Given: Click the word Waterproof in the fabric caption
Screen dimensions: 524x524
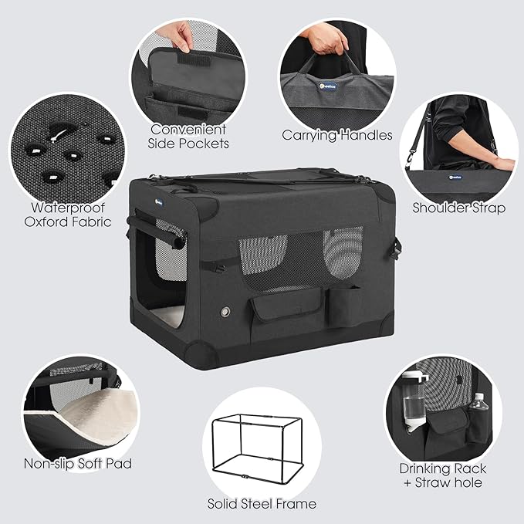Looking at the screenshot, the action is tap(68, 208).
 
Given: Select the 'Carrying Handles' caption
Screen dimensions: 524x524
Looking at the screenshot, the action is tap(336, 136).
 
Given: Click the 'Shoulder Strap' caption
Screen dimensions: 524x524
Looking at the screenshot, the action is tap(458, 208).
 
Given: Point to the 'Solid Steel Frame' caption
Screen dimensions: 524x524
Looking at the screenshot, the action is tap(262, 504).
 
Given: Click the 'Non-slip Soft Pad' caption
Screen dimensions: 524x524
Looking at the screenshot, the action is tap(78, 464).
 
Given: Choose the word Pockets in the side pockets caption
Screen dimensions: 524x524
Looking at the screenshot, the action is tap(204, 144).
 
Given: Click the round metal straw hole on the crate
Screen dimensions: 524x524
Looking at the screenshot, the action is tap(225, 312).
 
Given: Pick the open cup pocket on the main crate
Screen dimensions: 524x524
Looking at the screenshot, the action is tap(343, 306).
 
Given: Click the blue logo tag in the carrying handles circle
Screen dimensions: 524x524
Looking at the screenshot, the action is tap(327, 86).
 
